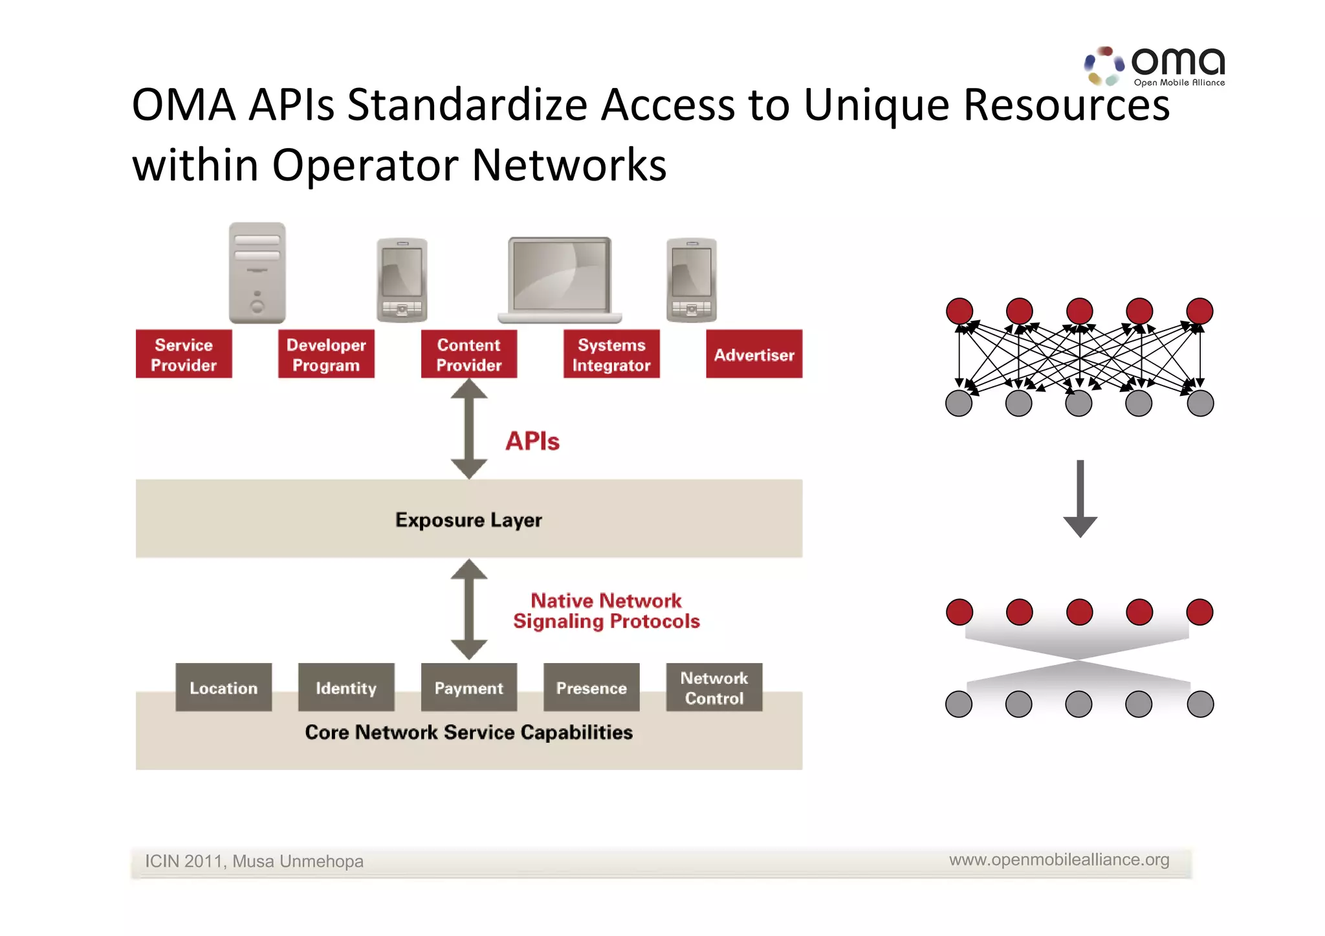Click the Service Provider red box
coord(184,354)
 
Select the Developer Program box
coord(326,354)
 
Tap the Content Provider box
coord(468,354)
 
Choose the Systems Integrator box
coord(611,354)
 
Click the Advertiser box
coord(754,354)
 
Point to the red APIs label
coord(532,441)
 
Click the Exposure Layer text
coord(468,519)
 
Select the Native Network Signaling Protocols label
coord(606,611)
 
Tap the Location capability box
coord(223,688)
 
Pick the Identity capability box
coord(346,688)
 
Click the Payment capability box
coord(468,688)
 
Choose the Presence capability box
coord(591,688)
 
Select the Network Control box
coord(714,688)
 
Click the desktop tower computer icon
coord(257,273)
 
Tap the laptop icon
coord(560,280)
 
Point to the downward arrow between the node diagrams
coord(1080,499)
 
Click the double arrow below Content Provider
coord(468,429)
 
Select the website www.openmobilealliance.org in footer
coord(1059,860)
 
